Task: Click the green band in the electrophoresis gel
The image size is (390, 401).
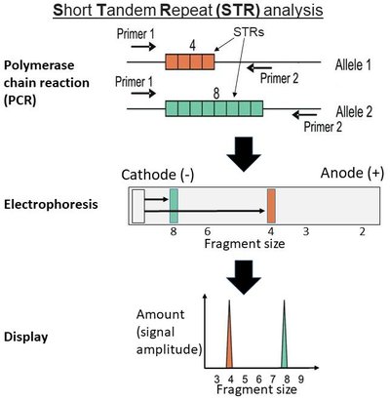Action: point(174,206)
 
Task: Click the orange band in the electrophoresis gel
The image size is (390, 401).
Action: point(272,206)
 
